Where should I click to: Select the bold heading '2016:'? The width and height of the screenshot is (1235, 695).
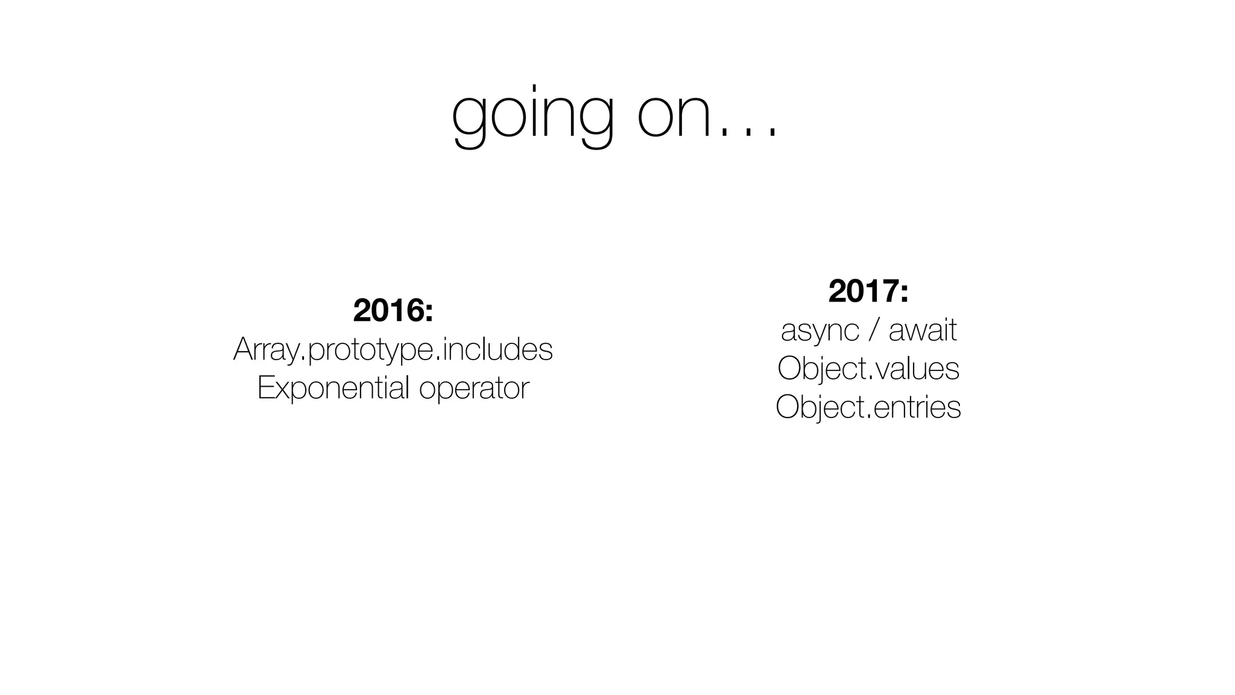[393, 310]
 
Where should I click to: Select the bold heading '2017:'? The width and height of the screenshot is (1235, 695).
[868, 291]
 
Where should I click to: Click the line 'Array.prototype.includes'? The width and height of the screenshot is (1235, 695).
[393, 349]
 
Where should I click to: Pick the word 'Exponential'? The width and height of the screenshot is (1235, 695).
[333, 388]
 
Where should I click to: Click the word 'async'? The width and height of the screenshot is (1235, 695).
[820, 331]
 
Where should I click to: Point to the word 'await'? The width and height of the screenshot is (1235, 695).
[923, 330]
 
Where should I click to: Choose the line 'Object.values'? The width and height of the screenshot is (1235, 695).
[868, 369]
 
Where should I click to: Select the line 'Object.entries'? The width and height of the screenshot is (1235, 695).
[868, 407]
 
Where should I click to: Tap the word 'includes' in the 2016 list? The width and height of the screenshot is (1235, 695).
[497, 349]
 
